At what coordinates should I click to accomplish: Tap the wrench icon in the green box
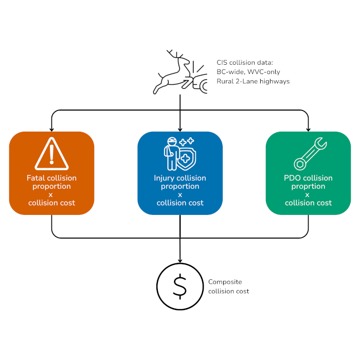point(308,154)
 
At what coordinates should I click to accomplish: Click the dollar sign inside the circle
point(179,287)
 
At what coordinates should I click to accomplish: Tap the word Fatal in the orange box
point(35,178)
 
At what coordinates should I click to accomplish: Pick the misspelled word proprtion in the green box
point(308,186)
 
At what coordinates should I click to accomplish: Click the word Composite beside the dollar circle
point(225,282)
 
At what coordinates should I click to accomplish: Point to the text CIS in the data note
point(222,62)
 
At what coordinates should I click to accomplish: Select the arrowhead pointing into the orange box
point(51,129)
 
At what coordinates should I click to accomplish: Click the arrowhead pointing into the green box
point(308,129)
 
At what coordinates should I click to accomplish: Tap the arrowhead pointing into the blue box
point(179,129)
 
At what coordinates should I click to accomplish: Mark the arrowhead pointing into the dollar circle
point(179,260)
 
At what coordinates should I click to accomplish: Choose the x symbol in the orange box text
point(51,194)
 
